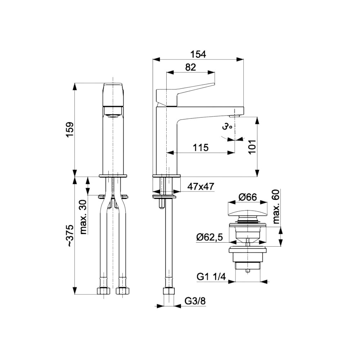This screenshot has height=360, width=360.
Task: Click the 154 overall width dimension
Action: coord(198,54)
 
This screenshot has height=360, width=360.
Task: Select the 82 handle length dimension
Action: coord(190,67)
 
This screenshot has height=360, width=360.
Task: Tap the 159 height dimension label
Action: coord(70,130)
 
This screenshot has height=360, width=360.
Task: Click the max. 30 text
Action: coord(84,217)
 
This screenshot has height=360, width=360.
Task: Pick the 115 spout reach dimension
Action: coord(201,147)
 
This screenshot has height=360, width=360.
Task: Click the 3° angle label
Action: coord(227,127)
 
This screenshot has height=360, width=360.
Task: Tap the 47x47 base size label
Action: coord(201,186)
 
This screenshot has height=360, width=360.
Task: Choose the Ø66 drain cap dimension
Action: coord(248,197)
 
